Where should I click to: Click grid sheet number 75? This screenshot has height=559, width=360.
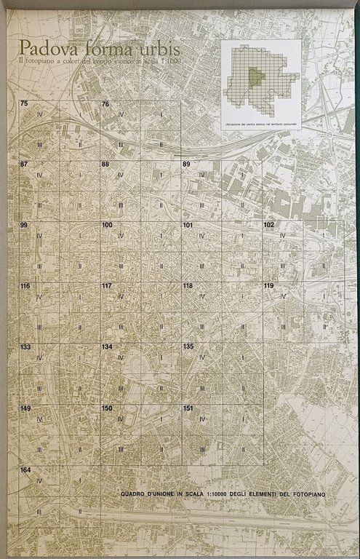pyautogui.click(x=24, y=104)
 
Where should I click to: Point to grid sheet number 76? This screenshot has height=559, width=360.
pyautogui.click(x=105, y=104)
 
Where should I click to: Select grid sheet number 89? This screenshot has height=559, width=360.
pyautogui.click(x=187, y=164)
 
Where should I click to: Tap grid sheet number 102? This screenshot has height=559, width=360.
pyautogui.click(x=268, y=225)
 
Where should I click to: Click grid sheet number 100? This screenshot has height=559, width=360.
pyautogui.click(x=107, y=225)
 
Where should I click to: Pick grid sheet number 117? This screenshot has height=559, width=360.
pyautogui.click(x=107, y=286)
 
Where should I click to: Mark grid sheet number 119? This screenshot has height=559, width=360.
pyautogui.click(x=268, y=286)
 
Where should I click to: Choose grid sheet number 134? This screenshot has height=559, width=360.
pyautogui.click(x=107, y=346)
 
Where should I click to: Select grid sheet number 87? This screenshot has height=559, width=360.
pyautogui.click(x=24, y=164)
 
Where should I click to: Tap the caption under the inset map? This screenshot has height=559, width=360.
pyautogui.click(x=260, y=126)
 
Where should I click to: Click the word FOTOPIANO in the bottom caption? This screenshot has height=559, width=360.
pyautogui.click(x=307, y=495)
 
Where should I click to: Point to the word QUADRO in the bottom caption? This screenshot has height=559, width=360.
pyautogui.click(x=135, y=495)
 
